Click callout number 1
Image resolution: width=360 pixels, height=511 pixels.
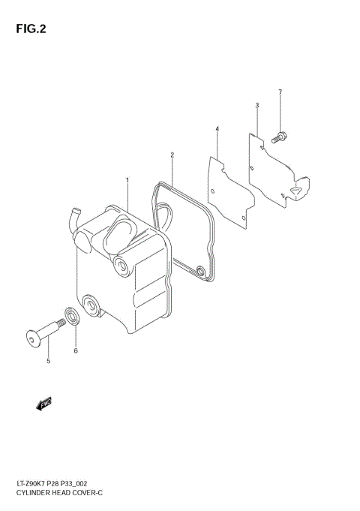tap(127, 180)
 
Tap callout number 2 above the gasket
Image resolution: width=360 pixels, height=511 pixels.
tap(172, 155)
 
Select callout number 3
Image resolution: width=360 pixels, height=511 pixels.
tap(256, 106)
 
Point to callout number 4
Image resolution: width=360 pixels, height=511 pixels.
tap(217, 129)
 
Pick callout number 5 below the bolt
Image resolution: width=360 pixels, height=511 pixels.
tap(48, 361)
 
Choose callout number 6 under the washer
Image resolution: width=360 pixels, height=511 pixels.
tap(76, 350)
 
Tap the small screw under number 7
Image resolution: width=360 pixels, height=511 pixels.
tap(280, 137)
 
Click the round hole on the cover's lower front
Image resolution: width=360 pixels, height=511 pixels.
tap(91, 305)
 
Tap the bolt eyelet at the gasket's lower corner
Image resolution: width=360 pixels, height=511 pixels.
tap(199, 272)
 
